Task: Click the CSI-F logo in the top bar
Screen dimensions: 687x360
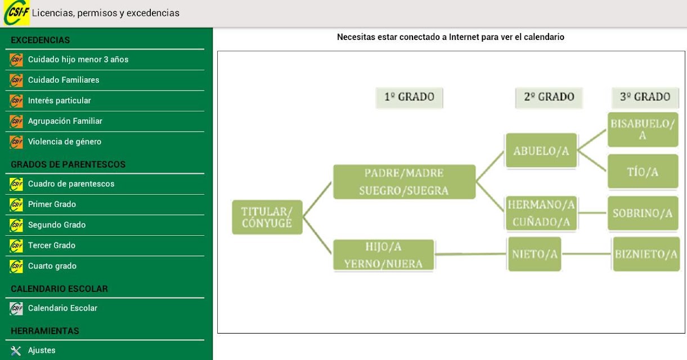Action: [x=16, y=13]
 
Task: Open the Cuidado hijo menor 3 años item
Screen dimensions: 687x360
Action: [x=105, y=60]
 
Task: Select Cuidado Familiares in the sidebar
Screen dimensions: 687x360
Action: [x=105, y=80]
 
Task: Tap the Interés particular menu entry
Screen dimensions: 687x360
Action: [x=105, y=101]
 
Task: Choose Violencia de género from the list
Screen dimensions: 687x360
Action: [x=105, y=142]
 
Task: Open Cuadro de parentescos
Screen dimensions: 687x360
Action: [x=105, y=184]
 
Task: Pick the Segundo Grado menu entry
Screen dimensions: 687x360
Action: [x=105, y=225]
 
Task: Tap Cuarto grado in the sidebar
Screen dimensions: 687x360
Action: [x=105, y=266]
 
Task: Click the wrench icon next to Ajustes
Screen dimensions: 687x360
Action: [x=16, y=350]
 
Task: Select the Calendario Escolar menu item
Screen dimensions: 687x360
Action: [x=105, y=308]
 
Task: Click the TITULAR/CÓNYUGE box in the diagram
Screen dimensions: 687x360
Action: [x=267, y=217]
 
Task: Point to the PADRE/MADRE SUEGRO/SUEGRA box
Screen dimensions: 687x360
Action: [x=404, y=182]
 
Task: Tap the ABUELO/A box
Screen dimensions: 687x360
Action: [x=541, y=150]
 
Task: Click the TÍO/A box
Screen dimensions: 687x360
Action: [x=643, y=172]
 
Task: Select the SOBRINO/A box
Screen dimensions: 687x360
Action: [x=643, y=213]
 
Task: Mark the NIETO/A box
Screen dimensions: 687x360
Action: [x=535, y=254]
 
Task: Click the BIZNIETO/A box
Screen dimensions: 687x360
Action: [x=646, y=254]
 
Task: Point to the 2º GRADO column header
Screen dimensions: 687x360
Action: [x=549, y=97]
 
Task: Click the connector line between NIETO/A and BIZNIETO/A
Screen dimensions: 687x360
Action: [x=587, y=254]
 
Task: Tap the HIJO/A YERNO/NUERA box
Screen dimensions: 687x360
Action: [x=383, y=255]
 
